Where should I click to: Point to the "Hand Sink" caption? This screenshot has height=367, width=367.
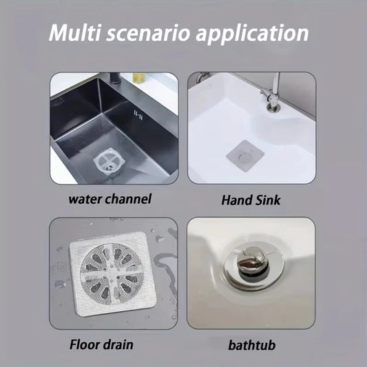[251, 200]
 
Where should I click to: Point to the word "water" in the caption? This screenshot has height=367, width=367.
[85, 200]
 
